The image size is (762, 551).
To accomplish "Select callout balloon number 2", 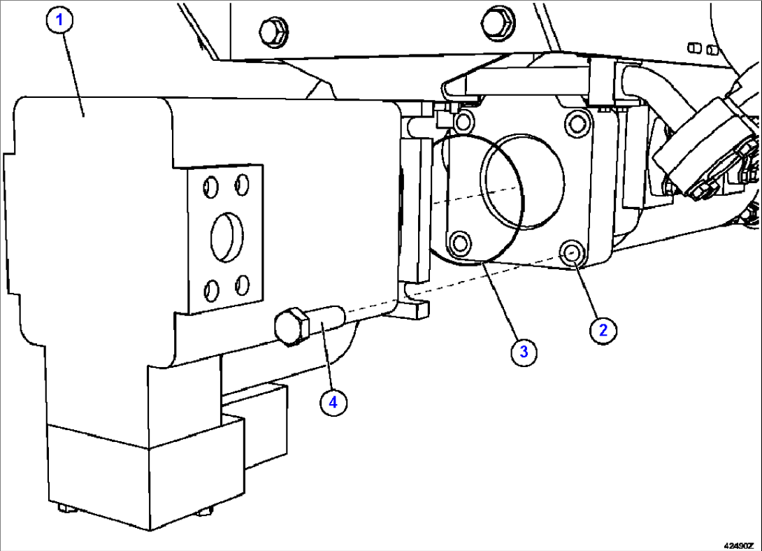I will [603, 329].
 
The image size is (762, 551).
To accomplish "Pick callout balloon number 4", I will [333, 402].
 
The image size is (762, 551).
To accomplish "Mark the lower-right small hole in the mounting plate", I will [243, 284].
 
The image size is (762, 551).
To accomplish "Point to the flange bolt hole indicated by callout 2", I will [573, 254].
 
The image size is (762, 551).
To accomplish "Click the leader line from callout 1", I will [74, 70].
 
